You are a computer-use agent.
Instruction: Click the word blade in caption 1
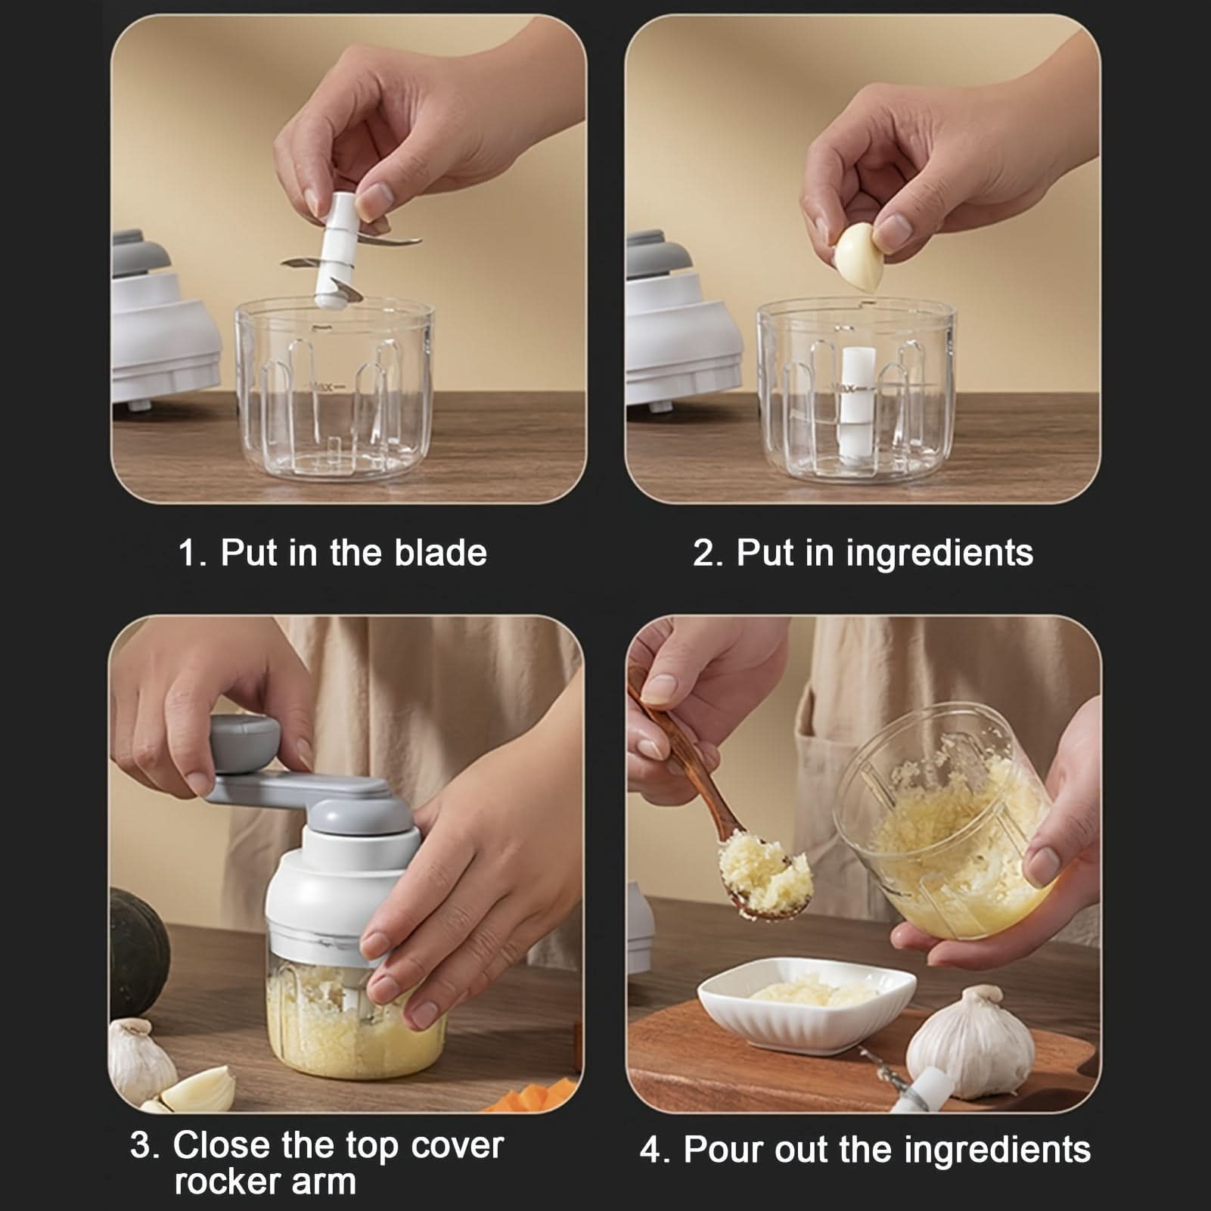click(441, 552)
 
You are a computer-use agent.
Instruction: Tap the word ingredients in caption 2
click(939, 554)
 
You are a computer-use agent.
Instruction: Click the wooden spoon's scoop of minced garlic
click(765, 874)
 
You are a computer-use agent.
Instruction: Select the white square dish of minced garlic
click(806, 1002)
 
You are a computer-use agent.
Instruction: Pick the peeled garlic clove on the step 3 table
click(197, 1089)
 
